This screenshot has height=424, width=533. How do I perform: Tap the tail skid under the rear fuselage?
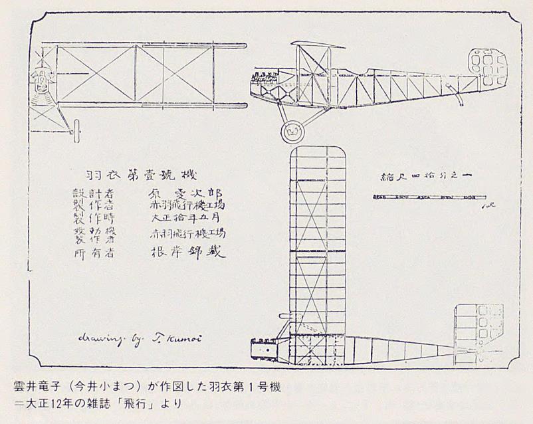pos(459,98)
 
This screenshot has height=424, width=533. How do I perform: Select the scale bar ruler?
pos(429,197)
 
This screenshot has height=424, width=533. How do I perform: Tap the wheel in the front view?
pos(77,128)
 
